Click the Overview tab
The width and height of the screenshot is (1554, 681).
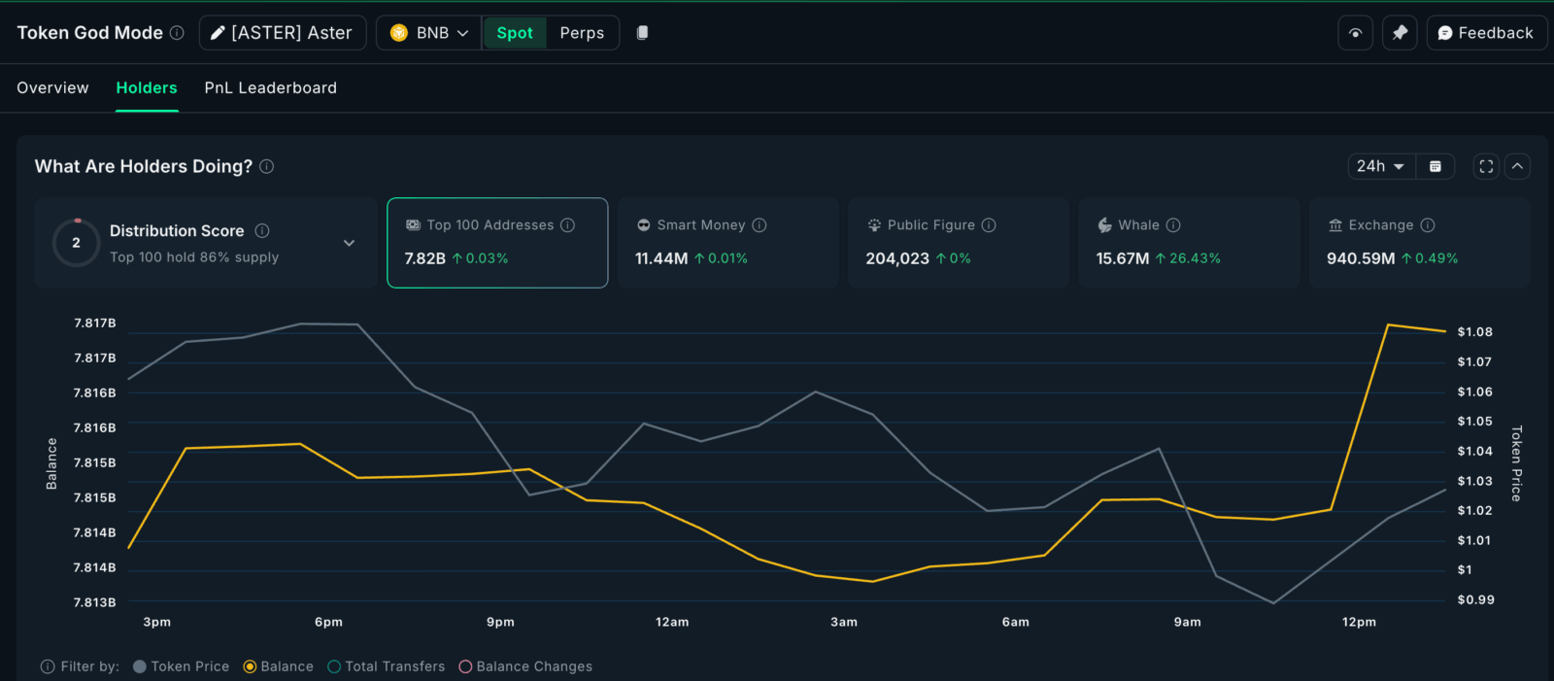(x=52, y=87)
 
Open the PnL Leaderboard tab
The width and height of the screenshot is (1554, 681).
(x=270, y=87)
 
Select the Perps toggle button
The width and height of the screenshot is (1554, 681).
(x=582, y=33)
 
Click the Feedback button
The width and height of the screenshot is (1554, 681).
(x=1486, y=33)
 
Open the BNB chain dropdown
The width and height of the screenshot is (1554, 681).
(x=429, y=33)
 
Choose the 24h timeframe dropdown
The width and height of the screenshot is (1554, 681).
(x=1380, y=166)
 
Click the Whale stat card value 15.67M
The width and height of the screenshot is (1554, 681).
(x=1123, y=258)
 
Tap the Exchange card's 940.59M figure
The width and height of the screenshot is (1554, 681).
(x=1360, y=258)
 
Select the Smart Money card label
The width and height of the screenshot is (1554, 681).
(x=700, y=225)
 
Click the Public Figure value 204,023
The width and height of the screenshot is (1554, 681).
(x=897, y=258)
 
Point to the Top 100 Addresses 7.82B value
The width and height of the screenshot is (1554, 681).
(x=424, y=258)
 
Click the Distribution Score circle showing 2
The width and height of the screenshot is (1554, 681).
(x=76, y=243)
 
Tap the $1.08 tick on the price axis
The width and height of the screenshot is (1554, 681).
(x=1474, y=332)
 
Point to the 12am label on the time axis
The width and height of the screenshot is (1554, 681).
(x=672, y=622)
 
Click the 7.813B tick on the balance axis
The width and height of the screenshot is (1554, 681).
(x=94, y=602)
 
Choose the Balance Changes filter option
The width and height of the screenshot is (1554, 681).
(x=525, y=666)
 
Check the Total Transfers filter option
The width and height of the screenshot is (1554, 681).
(x=387, y=666)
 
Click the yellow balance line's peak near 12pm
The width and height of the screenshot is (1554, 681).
(x=1388, y=324)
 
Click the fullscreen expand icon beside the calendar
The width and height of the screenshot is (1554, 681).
(x=1486, y=166)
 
